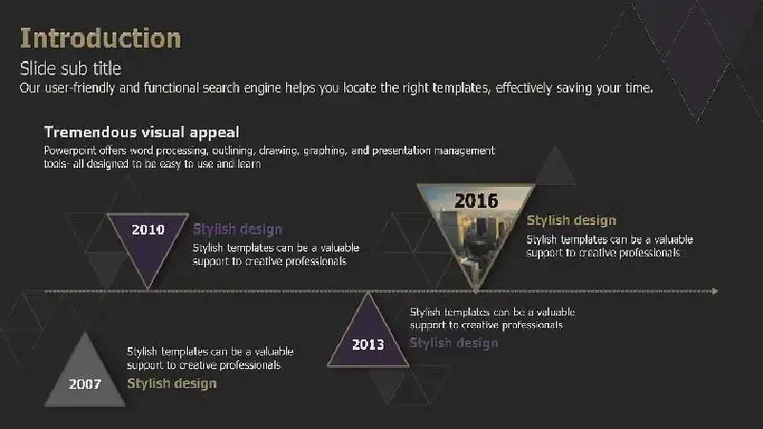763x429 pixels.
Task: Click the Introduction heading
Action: pyautogui.click(x=100, y=38)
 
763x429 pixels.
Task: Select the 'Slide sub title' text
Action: pyautogui.click(x=71, y=69)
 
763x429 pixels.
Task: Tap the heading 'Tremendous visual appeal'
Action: pyautogui.click(x=141, y=133)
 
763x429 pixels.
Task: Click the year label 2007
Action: pyautogui.click(x=85, y=384)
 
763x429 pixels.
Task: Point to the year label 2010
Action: pyautogui.click(x=148, y=230)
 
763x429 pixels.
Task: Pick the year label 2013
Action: pyautogui.click(x=368, y=344)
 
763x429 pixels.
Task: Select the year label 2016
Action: pyautogui.click(x=476, y=201)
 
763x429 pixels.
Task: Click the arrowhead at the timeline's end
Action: pyautogui.click(x=715, y=291)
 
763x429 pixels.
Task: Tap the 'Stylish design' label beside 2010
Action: pyautogui.click(x=237, y=229)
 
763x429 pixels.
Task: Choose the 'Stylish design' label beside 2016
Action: pyautogui.click(x=571, y=220)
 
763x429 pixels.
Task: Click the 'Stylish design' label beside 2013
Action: pyautogui.click(x=454, y=343)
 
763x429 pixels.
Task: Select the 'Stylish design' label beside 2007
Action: pyautogui.click(x=172, y=383)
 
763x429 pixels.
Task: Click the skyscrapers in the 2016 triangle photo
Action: pyautogui.click(x=480, y=238)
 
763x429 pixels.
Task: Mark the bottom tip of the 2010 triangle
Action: pyautogui.click(x=148, y=289)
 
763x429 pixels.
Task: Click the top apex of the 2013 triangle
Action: pyautogui.click(x=368, y=293)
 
